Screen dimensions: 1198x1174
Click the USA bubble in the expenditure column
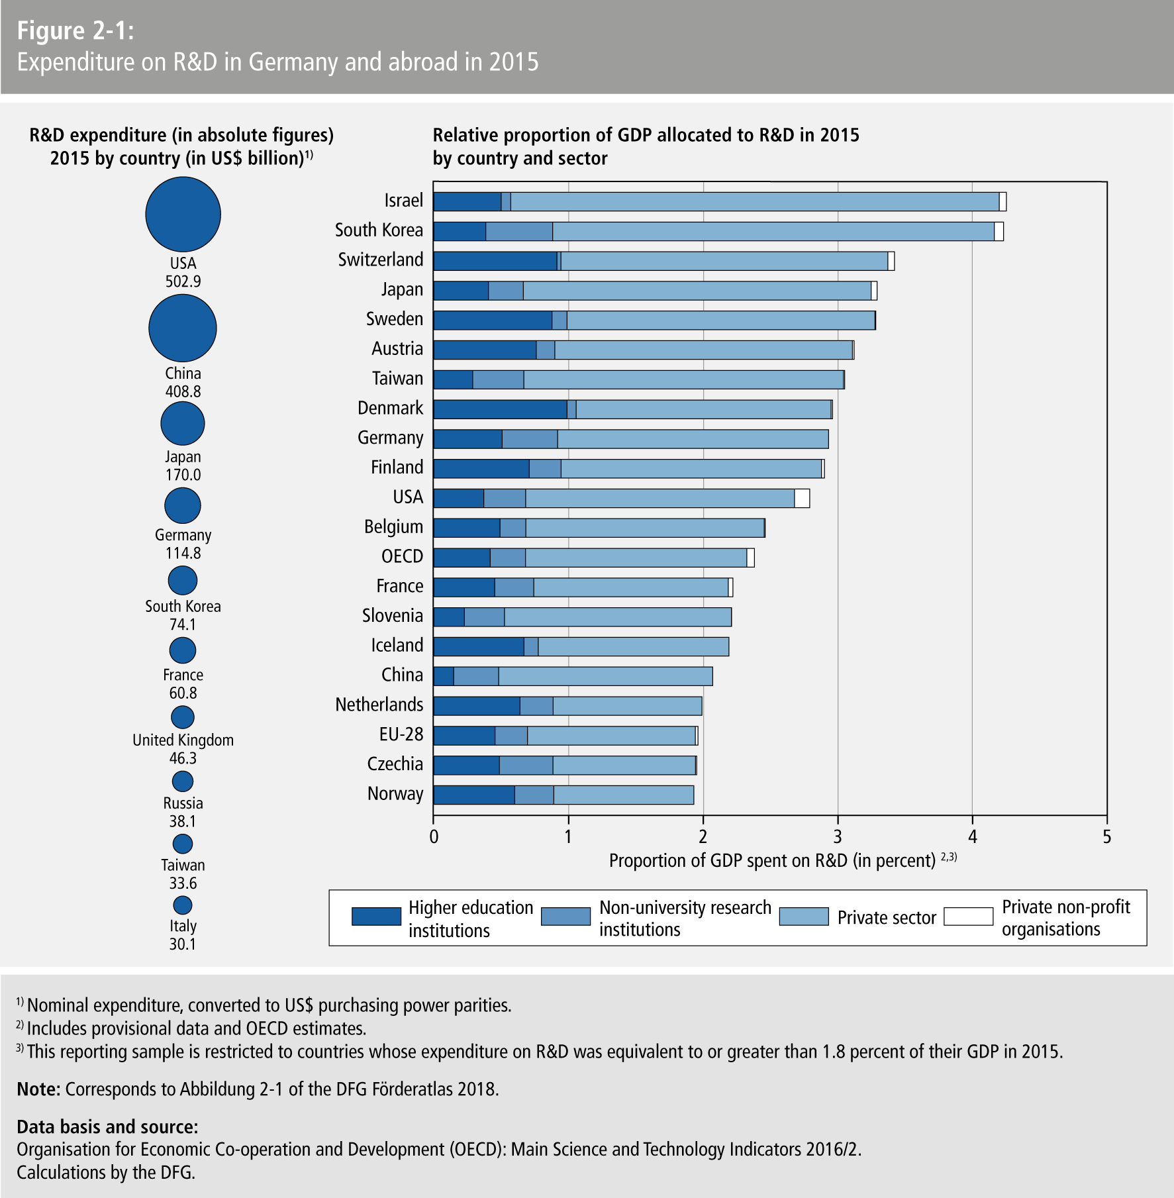pos(183,214)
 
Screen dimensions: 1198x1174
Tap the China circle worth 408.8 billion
pos(183,328)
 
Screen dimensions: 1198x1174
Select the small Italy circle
pos(183,905)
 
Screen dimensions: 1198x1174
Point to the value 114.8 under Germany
pos(183,553)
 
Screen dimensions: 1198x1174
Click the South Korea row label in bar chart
pos(379,230)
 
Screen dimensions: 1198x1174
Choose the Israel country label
pos(403,200)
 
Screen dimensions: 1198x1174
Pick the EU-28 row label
pos(401,734)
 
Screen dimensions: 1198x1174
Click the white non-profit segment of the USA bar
pos(802,498)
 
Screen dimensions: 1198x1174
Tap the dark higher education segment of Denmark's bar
pos(500,409)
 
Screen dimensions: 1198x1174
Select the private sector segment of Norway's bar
pos(624,795)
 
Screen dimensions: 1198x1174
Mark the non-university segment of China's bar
pos(476,676)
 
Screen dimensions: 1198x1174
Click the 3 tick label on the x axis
pos(838,837)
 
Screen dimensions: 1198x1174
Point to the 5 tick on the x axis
pos(1106,837)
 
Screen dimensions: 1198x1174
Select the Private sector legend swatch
pos(804,917)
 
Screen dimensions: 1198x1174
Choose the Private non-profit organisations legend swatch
pos(968,917)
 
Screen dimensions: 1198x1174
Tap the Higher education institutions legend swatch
pos(376,917)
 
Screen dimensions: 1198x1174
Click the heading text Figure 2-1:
pos(75,31)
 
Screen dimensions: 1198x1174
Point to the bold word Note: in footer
pos(38,1089)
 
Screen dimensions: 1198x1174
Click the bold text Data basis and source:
pos(107,1127)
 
